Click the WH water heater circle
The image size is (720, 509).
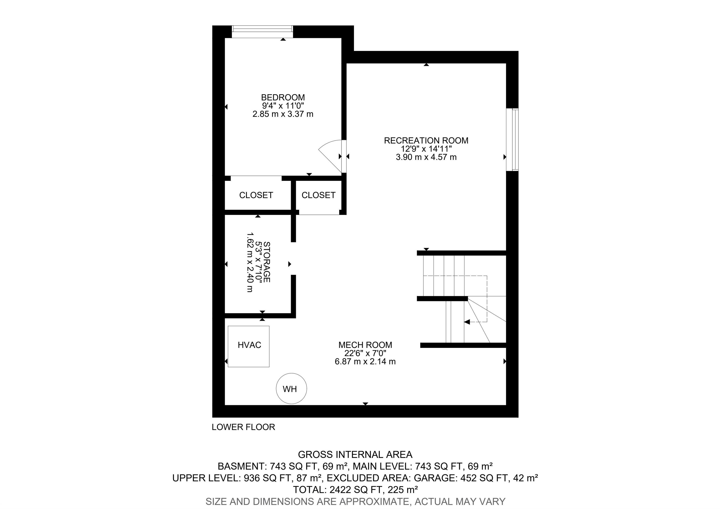tap(291, 388)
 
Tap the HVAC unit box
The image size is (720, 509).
tap(249, 347)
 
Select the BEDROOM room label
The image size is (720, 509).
tap(283, 98)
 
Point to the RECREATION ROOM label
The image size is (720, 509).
tap(426, 140)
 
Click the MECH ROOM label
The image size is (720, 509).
tap(365, 345)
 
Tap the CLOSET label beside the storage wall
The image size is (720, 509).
tap(256, 195)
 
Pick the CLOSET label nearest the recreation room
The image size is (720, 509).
tap(319, 195)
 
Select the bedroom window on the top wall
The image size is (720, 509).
tap(262, 32)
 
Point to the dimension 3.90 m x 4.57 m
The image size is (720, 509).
tap(426, 157)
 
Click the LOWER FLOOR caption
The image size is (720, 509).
tap(243, 427)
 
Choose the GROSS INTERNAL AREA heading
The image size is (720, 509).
tap(355, 454)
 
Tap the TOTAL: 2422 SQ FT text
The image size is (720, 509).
tap(338, 490)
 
